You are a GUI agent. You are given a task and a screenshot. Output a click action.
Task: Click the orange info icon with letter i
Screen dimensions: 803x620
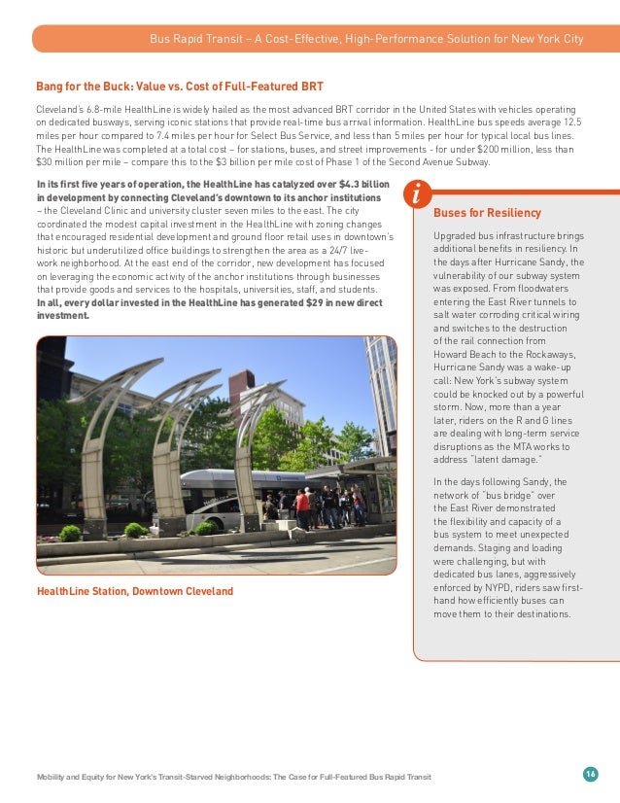tap(416, 193)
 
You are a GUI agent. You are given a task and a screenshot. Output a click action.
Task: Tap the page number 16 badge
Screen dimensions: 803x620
tap(590, 774)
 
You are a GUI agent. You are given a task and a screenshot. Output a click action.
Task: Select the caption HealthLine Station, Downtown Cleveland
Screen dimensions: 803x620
tap(135, 591)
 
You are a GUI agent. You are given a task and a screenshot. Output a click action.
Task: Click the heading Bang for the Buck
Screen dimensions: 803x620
tap(180, 87)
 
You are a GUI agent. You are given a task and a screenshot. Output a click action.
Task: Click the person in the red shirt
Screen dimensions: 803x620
tap(302, 505)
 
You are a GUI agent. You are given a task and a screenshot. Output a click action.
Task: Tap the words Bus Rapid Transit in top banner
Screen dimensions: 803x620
tap(192, 39)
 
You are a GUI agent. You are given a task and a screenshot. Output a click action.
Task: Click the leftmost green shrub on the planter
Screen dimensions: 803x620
tap(70, 533)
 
